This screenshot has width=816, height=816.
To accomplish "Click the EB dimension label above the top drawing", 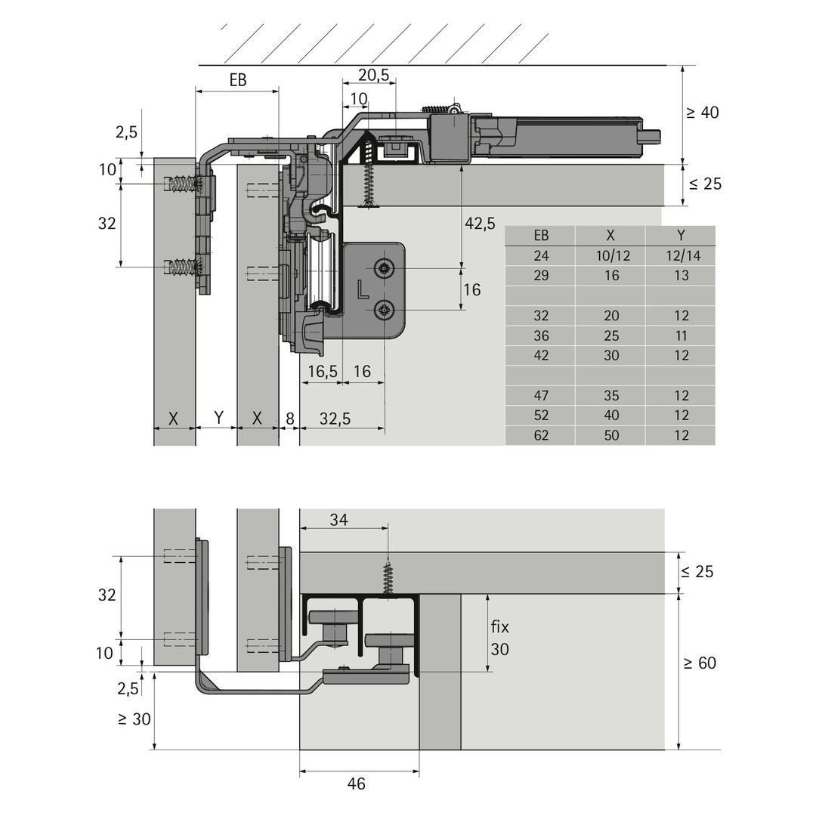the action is point(238,79).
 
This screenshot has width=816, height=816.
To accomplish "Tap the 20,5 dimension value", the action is point(373,75).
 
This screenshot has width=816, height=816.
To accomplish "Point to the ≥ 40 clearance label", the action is point(703,113).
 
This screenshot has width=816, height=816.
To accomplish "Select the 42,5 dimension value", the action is point(480,223).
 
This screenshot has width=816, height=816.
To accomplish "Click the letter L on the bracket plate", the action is point(363,290).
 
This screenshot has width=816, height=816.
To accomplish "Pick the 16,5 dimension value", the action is point(323,371).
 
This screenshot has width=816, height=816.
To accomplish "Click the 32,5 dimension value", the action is point(335,419).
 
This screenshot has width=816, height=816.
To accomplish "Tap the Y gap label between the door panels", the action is point(219,417).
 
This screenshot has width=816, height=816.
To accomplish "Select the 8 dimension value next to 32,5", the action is point(290,419).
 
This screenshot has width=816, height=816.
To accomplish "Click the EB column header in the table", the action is point(541,235).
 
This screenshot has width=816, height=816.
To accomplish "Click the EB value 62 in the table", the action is point(541,435).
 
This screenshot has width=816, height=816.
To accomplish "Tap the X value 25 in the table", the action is point(611,335).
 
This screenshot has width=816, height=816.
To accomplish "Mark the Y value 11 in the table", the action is point(682,335).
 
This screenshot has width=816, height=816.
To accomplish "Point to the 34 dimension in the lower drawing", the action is point(338,519).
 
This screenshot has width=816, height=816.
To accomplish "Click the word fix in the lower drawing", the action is point(499,626).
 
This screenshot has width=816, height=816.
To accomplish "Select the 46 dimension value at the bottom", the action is point(356,784).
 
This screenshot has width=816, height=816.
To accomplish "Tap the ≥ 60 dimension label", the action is point(700,663).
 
